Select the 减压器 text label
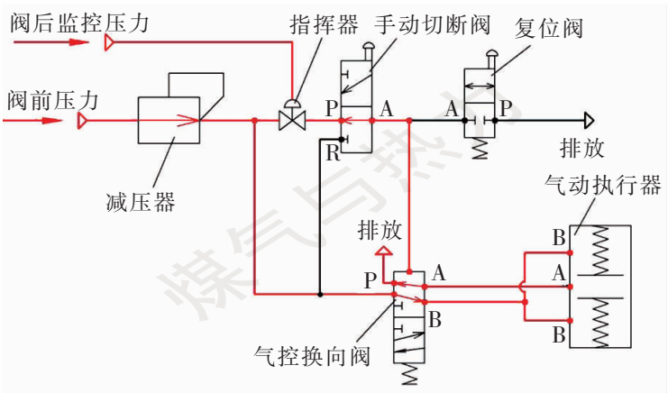coord(140,202)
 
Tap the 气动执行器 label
coord(603,186)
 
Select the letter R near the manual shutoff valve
coord(332,152)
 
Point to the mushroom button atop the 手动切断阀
coord(367,47)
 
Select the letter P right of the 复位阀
coord(506,108)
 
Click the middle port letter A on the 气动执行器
coord(559,271)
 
